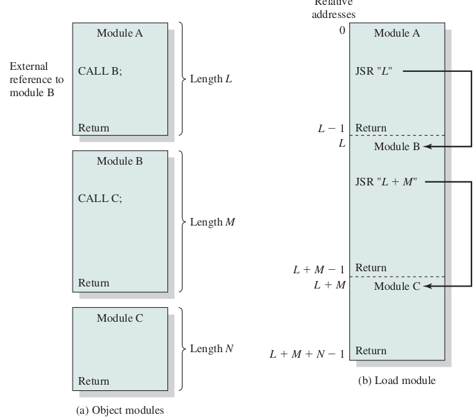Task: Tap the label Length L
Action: pyautogui.click(x=211, y=79)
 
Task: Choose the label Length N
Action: pyautogui.click(x=212, y=349)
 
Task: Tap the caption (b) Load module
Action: pyautogui.click(x=397, y=381)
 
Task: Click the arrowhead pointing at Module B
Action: pyautogui.click(x=427, y=147)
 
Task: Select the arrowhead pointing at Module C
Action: pyautogui.click(x=427, y=286)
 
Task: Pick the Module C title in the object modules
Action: pyautogui.click(x=120, y=318)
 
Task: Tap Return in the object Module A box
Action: pyautogui.click(x=93, y=128)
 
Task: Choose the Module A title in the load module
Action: pyautogui.click(x=397, y=32)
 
